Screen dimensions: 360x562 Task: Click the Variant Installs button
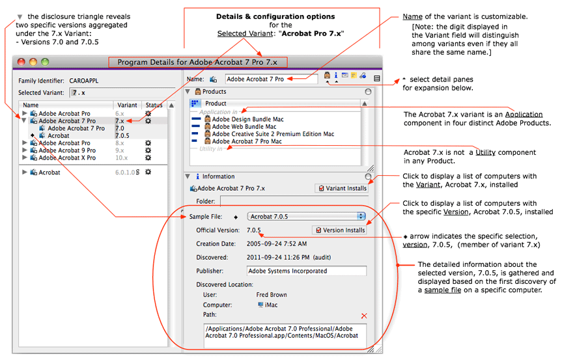coord(341,188)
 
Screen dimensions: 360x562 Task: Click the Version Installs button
coord(339,230)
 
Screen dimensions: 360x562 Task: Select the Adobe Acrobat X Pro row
coord(67,158)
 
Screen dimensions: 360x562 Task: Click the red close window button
coord(21,62)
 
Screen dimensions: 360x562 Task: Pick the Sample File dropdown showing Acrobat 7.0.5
coord(306,216)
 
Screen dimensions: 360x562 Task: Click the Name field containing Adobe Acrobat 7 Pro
coord(271,79)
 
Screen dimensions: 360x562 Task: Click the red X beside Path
coord(363,316)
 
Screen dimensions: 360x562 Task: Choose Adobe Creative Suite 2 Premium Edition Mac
coord(273,134)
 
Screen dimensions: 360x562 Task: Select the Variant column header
coord(127,105)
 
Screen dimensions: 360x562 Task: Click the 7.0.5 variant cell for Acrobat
coord(122,135)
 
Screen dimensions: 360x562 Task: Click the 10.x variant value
coord(121,158)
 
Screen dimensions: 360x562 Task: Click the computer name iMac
coord(271,305)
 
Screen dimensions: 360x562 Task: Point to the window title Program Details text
coord(197,62)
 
